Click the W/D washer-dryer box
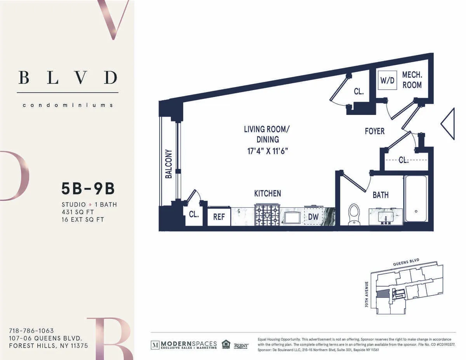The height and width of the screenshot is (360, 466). tap(387, 82)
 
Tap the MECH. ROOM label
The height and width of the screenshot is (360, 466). tap(412, 80)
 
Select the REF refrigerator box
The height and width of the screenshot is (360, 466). tap(219, 217)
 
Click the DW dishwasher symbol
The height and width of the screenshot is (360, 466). tap(313, 217)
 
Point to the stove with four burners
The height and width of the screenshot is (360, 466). tap(267, 215)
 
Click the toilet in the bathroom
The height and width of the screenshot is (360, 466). tap(354, 214)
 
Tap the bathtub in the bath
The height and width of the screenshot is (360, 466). tap(416, 198)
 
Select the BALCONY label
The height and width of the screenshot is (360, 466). tap(169, 164)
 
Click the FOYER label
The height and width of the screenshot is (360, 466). tap(374, 131)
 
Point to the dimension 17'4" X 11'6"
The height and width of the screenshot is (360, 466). tap(267, 150)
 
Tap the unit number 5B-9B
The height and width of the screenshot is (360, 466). tap(88, 189)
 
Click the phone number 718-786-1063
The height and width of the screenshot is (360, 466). tap(31, 331)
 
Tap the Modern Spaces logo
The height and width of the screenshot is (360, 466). tap(184, 344)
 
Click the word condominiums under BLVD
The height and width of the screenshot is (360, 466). tap(68, 105)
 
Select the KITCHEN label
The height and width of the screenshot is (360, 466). tap(267, 193)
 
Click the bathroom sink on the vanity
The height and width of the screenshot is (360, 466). tap(385, 217)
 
